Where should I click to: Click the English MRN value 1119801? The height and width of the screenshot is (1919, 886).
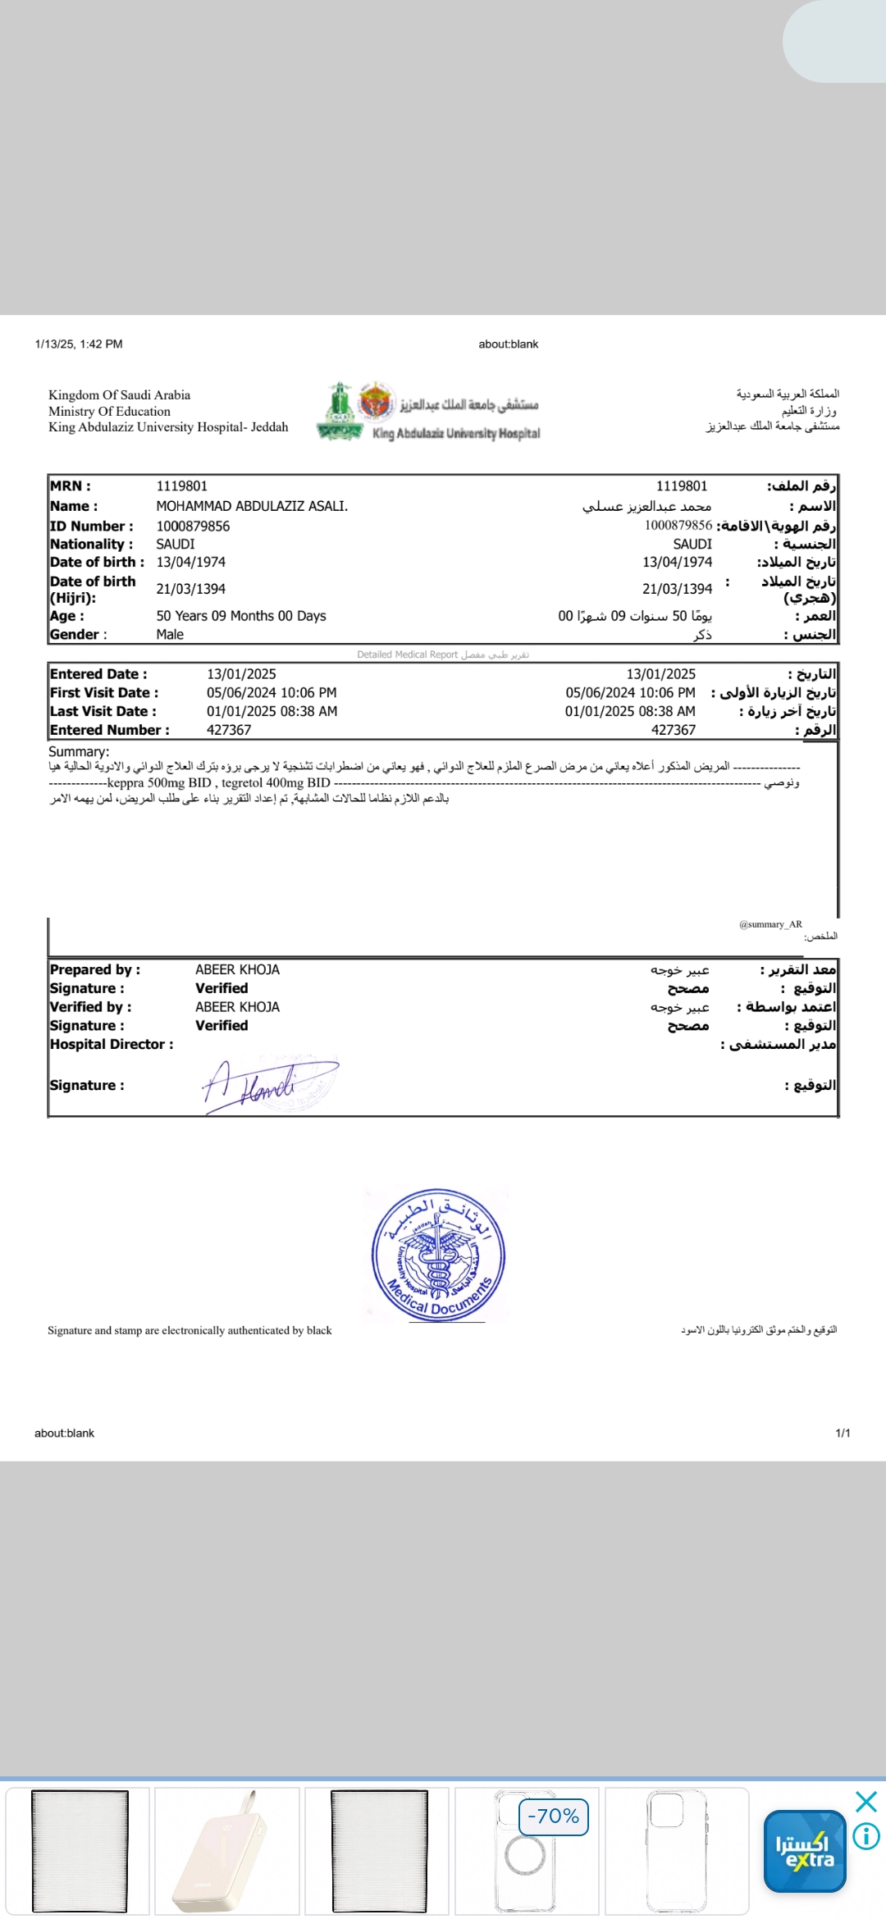point(181,486)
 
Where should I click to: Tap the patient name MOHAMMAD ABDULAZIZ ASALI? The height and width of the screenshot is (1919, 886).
point(252,506)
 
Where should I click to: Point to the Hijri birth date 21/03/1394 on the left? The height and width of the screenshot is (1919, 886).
point(190,589)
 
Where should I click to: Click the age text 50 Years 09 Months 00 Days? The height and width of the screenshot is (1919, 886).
point(241,616)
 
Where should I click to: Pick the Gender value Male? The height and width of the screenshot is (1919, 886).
point(170,634)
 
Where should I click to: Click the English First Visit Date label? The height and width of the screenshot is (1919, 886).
point(104,692)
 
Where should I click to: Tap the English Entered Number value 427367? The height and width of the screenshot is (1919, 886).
point(229,730)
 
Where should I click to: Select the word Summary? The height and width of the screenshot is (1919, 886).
point(78,751)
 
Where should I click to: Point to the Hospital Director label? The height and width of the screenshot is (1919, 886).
point(112,1044)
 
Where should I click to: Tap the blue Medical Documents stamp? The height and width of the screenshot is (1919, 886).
point(438,1255)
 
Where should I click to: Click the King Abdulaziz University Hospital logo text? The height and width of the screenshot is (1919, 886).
point(456,433)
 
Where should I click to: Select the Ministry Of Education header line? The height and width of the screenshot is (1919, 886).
point(109,411)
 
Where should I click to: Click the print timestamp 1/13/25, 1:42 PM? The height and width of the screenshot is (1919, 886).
point(79,344)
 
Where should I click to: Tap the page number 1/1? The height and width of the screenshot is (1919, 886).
point(843,1433)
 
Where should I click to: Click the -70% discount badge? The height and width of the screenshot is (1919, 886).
point(554,1816)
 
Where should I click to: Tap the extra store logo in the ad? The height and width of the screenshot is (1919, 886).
point(805,1851)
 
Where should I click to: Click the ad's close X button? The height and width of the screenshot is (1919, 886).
point(865,1802)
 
